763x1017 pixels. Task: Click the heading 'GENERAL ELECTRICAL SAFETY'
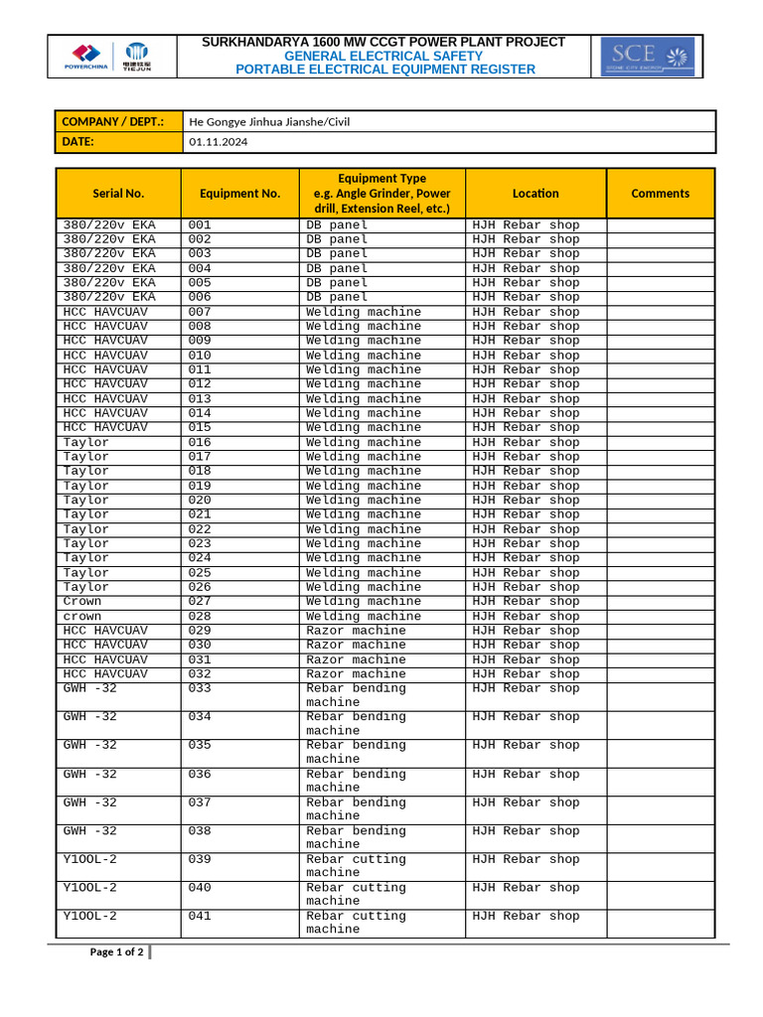point(383,57)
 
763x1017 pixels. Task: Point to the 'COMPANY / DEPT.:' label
point(112,121)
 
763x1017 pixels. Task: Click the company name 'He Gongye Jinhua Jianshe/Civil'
point(269,121)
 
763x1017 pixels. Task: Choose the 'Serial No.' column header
point(118,194)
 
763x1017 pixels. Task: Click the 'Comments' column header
point(660,194)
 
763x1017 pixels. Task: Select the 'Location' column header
point(535,194)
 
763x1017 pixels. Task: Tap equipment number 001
point(200,225)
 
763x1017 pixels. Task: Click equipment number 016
point(200,442)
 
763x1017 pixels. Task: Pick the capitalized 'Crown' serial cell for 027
point(82,602)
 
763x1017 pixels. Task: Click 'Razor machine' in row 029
point(356,631)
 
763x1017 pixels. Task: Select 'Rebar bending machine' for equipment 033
point(356,695)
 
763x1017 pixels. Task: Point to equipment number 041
point(200,917)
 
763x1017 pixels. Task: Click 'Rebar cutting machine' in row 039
point(356,866)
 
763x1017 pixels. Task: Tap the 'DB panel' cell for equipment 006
point(337,297)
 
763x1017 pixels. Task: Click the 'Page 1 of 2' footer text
point(117,952)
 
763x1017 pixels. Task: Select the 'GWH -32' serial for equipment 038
point(89,831)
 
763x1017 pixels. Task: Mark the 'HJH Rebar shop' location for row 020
point(526,501)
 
